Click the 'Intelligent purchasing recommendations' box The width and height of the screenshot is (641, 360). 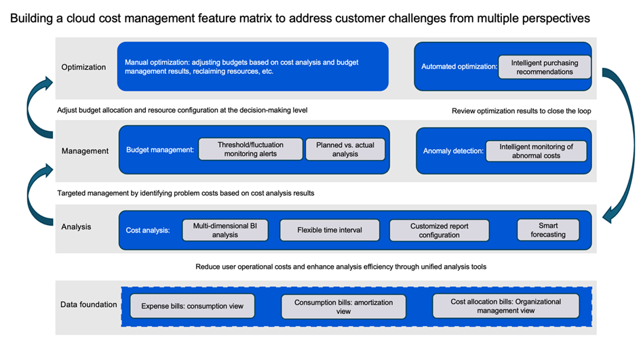click(x=545, y=67)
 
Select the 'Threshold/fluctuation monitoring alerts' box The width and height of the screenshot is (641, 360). click(x=250, y=149)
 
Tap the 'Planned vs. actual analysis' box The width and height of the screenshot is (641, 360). click(x=345, y=149)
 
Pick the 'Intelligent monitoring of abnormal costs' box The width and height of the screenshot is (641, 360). click(x=536, y=151)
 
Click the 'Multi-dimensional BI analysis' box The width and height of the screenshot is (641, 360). click(x=225, y=230)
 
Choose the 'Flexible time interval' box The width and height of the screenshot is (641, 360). click(x=330, y=230)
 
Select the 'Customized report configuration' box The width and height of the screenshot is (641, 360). click(x=439, y=231)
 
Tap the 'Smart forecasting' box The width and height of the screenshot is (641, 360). click(x=548, y=230)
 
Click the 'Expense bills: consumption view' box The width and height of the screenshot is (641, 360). click(x=192, y=306)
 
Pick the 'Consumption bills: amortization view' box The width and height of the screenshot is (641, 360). click(x=343, y=306)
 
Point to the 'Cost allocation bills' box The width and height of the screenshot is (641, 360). click(x=506, y=306)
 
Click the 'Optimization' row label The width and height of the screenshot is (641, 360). click(x=83, y=67)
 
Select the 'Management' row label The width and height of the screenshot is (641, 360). click(x=85, y=151)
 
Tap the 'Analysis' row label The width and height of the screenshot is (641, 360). click(x=76, y=227)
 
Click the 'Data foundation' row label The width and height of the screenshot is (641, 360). click(x=89, y=304)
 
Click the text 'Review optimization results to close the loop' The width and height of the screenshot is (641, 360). click(x=521, y=111)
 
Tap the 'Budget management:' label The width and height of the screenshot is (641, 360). click(x=160, y=150)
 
